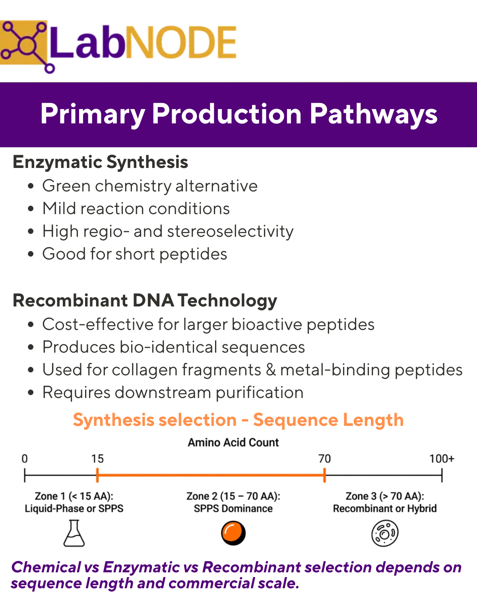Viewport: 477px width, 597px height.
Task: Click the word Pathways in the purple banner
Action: pyautogui.click(x=373, y=114)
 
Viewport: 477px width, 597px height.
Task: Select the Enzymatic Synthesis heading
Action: pyautogui.click(x=100, y=162)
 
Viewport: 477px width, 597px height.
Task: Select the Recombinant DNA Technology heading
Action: pyautogui.click(x=145, y=301)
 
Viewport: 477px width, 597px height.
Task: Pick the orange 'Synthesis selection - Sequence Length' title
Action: pyautogui.click(x=238, y=420)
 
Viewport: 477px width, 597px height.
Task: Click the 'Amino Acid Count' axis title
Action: pyautogui.click(x=233, y=443)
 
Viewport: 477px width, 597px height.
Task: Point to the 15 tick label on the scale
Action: pyautogui.click(x=97, y=459)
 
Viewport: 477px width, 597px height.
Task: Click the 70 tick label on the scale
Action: pyautogui.click(x=325, y=459)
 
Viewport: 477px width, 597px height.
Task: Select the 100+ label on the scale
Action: pyautogui.click(x=442, y=459)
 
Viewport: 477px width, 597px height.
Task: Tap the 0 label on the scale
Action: pyautogui.click(x=25, y=459)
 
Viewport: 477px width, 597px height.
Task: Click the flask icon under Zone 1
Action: pyautogui.click(x=74, y=533)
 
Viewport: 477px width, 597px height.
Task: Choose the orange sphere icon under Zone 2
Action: pyautogui.click(x=233, y=533)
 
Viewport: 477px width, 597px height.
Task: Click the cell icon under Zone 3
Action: pyautogui.click(x=385, y=533)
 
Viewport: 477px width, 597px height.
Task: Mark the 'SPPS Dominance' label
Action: pyautogui.click(x=233, y=509)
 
